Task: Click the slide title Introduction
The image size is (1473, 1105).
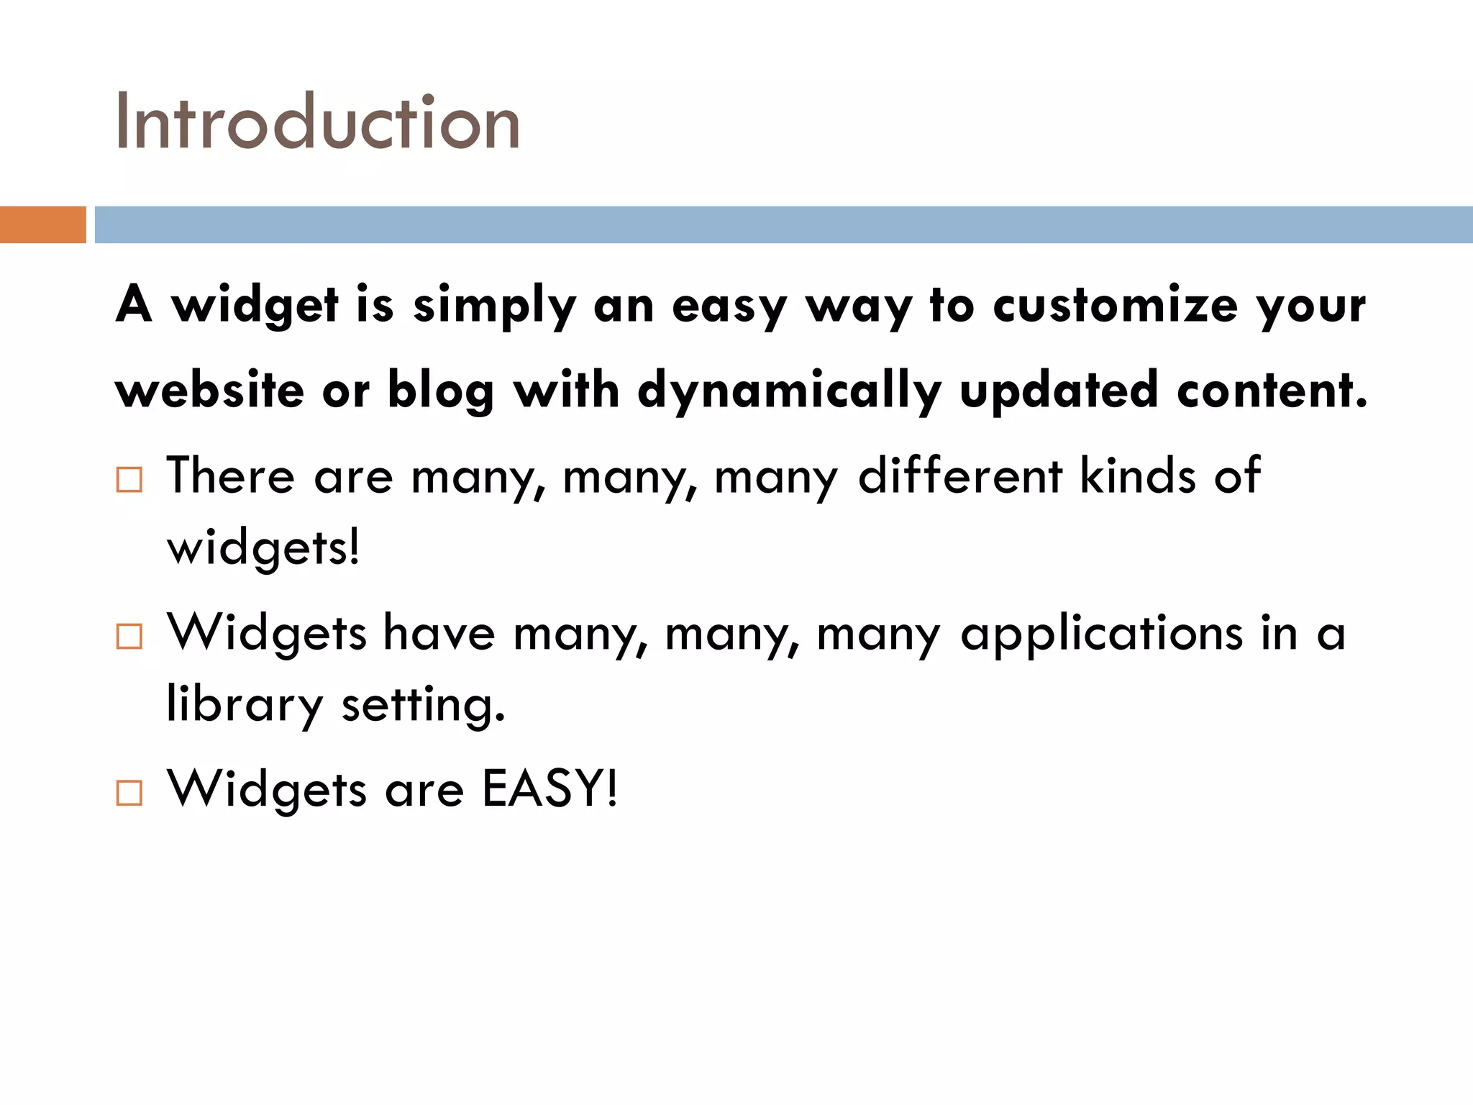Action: click(x=317, y=122)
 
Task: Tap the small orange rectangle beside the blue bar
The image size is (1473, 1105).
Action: click(x=42, y=224)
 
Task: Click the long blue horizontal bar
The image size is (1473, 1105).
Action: click(x=783, y=224)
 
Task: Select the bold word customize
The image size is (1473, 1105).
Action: click(x=1115, y=305)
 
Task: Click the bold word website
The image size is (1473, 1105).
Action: click(x=209, y=390)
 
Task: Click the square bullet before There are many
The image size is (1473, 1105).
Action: click(x=129, y=479)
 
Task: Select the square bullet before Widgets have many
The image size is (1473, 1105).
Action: click(x=129, y=636)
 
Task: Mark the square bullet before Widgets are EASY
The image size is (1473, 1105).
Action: click(x=129, y=793)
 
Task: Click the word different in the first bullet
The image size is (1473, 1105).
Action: click(x=960, y=476)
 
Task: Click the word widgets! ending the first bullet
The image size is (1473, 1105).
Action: click(x=263, y=548)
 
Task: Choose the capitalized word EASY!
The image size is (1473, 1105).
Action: click(x=549, y=789)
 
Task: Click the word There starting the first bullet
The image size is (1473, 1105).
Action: click(x=230, y=476)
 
